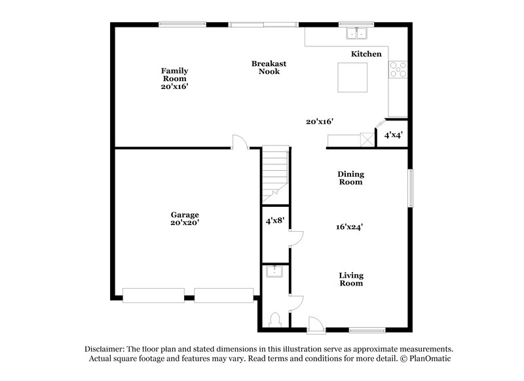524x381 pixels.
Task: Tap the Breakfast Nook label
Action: pyautogui.click(x=269, y=67)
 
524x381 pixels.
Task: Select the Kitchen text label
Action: pyautogui.click(x=366, y=54)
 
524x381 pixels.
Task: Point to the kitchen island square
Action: pyautogui.click(x=352, y=78)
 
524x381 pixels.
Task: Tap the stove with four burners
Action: pyautogui.click(x=397, y=69)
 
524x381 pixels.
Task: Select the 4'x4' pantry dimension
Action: pyautogui.click(x=393, y=135)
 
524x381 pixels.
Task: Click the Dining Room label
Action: pyautogui.click(x=350, y=178)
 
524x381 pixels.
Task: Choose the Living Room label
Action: pyautogui.click(x=351, y=280)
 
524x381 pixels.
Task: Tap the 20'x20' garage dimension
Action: pyautogui.click(x=185, y=223)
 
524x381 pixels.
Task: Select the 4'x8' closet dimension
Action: pyautogui.click(x=274, y=221)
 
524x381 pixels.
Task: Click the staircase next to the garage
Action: pyautogui.click(x=275, y=173)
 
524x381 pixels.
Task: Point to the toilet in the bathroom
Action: pyautogui.click(x=276, y=320)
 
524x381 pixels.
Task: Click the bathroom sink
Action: pyautogui.click(x=274, y=271)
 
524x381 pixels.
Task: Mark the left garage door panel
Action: pyautogui.click(x=153, y=295)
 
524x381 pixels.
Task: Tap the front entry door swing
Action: pyautogui.click(x=315, y=322)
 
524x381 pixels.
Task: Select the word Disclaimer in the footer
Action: pyautogui.click(x=107, y=350)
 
